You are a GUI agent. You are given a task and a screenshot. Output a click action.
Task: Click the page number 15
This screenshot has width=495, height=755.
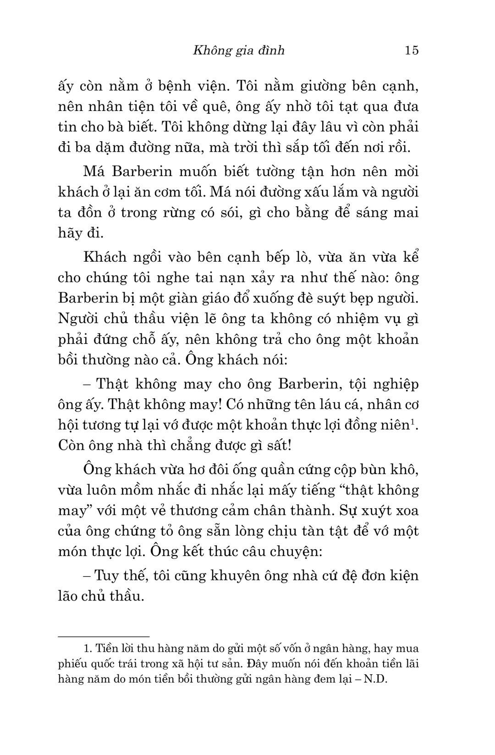click(x=412, y=50)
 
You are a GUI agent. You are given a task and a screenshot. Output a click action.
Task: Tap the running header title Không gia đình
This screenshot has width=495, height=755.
click(x=239, y=50)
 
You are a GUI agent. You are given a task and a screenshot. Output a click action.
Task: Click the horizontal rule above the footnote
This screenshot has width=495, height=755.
click(x=104, y=636)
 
